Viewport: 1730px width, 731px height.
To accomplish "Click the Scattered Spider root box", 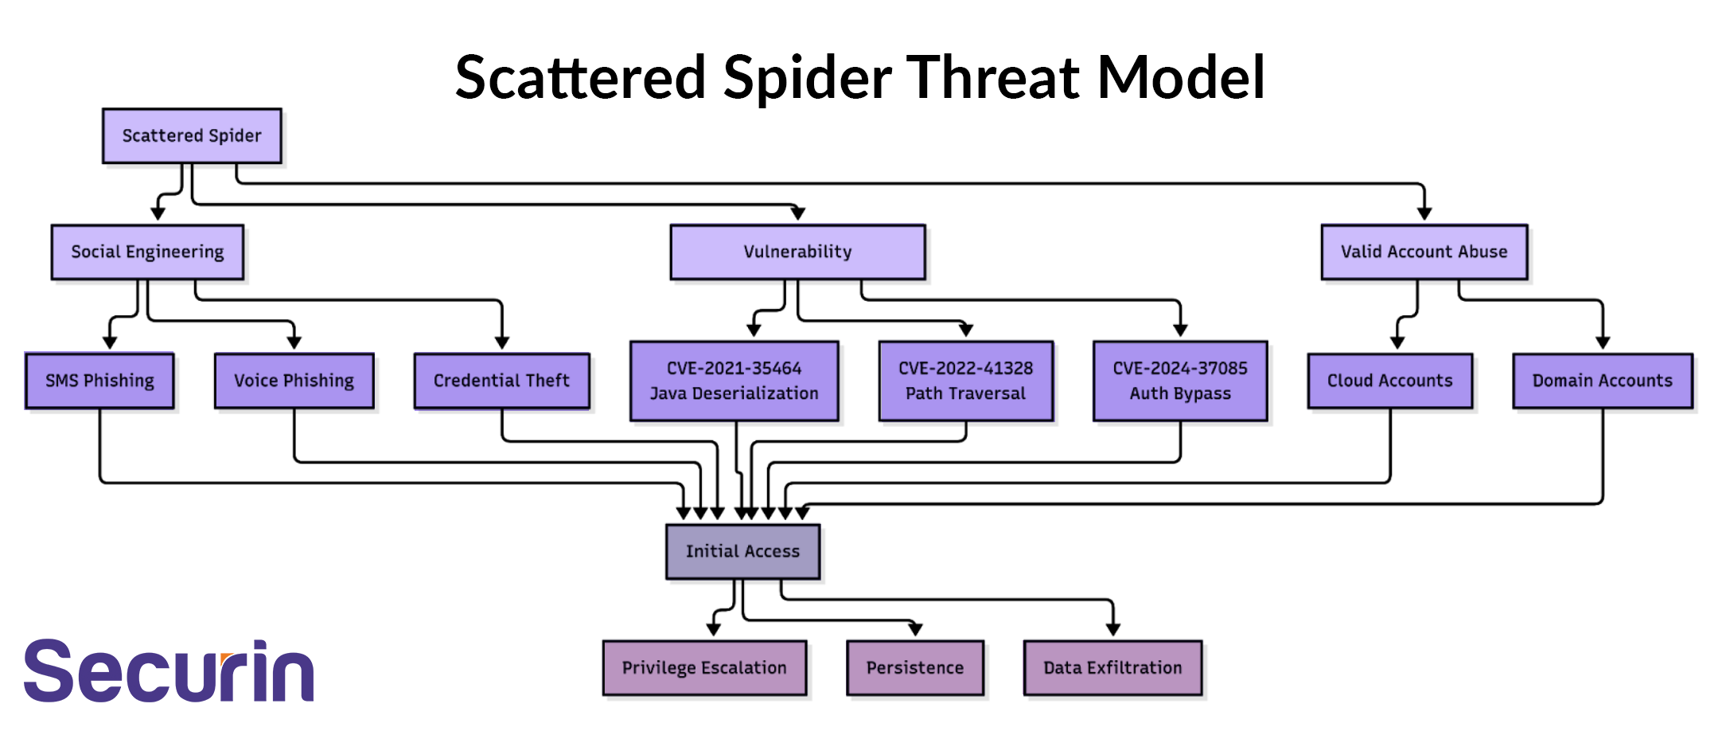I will tap(192, 136).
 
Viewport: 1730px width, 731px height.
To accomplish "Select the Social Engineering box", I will tap(147, 252).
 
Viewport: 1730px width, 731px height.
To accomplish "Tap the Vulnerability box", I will tap(797, 252).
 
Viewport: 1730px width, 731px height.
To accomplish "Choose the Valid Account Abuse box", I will tap(1424, 252).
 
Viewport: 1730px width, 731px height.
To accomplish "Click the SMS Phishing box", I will tap(99, 381).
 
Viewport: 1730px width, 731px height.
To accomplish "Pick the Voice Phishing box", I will tap(294, 381).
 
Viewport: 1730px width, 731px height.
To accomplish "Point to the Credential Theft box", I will tap(501, 381).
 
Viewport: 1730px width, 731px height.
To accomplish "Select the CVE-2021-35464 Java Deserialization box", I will tap(734, 381).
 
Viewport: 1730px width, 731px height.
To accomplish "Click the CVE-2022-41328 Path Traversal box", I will tap(965, 381).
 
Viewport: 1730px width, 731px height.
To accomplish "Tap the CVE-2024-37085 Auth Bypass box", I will tap(1180, 381).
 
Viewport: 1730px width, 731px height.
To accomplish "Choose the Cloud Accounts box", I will tap(1389, 381).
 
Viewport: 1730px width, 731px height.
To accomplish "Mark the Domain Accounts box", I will tap(1602, 381).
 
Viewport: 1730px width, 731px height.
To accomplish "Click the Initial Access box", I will tap(742, 551).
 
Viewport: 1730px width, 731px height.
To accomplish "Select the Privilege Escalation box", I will tap(704, 667).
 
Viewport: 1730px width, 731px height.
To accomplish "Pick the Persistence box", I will tap(914, 667).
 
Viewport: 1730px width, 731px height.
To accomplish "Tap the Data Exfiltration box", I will tap(1112, 667).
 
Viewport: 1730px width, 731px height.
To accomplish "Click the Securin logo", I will tap(169, 670).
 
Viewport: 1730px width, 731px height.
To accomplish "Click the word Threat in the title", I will tap(995, 77).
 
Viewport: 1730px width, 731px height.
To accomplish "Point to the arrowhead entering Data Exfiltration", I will tap(1112, 629).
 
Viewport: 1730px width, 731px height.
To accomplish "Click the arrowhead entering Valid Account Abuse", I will tap(1424, 213).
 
